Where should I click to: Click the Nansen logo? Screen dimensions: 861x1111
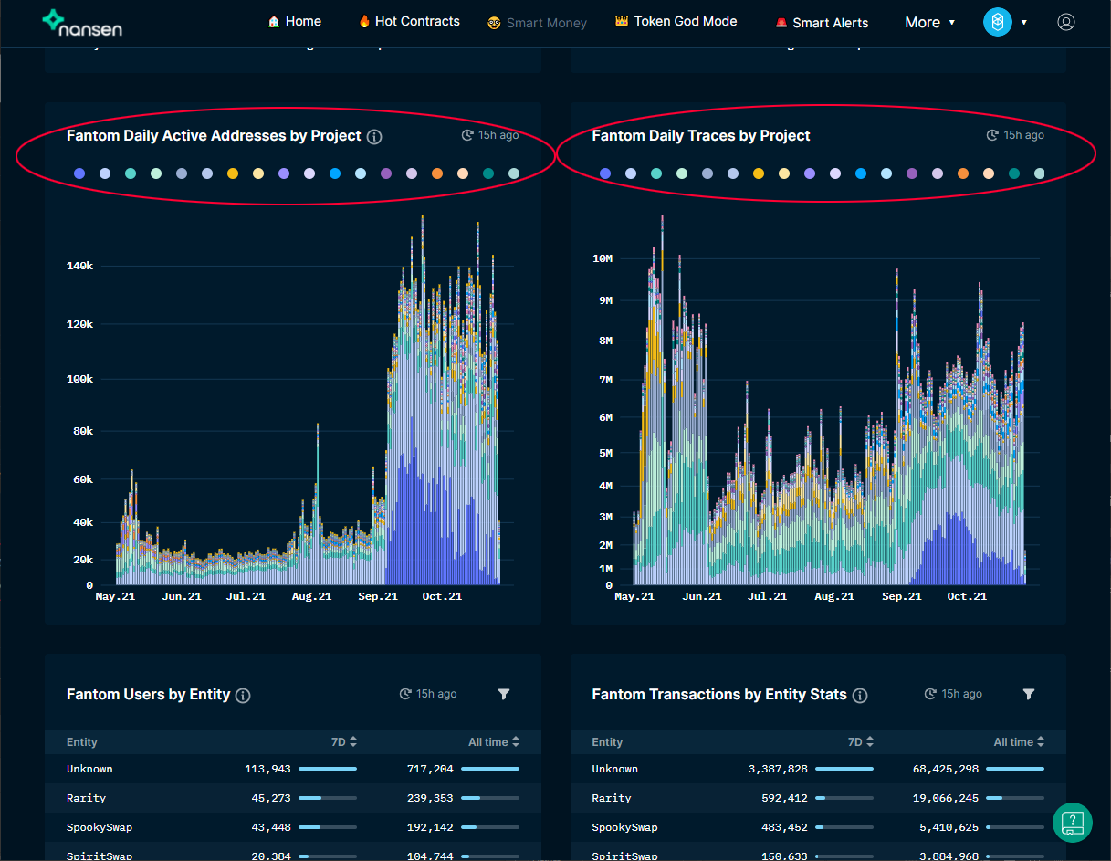pos(81,23)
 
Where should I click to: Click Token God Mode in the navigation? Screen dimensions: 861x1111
pos(676,21)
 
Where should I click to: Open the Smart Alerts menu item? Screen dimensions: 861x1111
pos(822,23)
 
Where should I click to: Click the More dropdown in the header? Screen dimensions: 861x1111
pos(929,23)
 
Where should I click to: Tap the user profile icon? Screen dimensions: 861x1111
pos(1065,23)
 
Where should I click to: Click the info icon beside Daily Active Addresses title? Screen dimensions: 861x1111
pos(374,137)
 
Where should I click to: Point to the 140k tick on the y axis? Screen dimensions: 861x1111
pos(79,266)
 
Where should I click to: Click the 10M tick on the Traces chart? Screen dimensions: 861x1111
pos(603,258)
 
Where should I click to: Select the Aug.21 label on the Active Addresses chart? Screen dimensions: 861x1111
pos(311,596)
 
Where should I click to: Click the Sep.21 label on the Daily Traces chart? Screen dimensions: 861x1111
pos(901,596)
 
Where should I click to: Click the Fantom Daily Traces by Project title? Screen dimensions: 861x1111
pos(700,136)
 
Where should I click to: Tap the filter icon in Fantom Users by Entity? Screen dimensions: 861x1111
pos(504,695)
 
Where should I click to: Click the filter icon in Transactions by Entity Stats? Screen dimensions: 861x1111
pos(1029,695)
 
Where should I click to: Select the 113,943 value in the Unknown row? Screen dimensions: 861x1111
pos(267,769)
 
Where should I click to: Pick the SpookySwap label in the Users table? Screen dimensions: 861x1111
pos(100,827)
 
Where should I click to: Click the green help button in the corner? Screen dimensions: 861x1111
pos(1073,822)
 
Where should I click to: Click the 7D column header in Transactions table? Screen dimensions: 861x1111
pos(860,742)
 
